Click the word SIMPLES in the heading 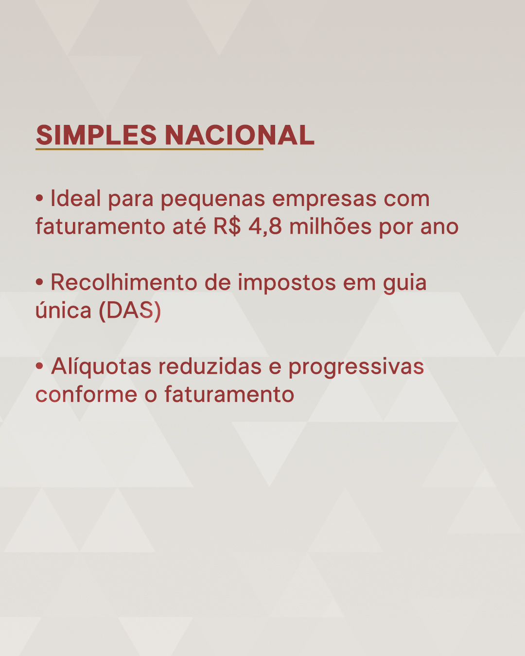click(96, 135)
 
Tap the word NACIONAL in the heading click(240, 135)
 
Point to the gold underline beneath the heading click(149, 149)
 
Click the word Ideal click(76, 198)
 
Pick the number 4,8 click(265, 227)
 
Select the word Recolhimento click(124, 282)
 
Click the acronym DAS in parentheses click(130, 311)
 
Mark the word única click(64, 310)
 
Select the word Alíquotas click(101, 367)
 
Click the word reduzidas click(210, 366)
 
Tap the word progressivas click(356, 368)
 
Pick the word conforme click(87, 394)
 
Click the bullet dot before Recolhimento click(39, 283)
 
